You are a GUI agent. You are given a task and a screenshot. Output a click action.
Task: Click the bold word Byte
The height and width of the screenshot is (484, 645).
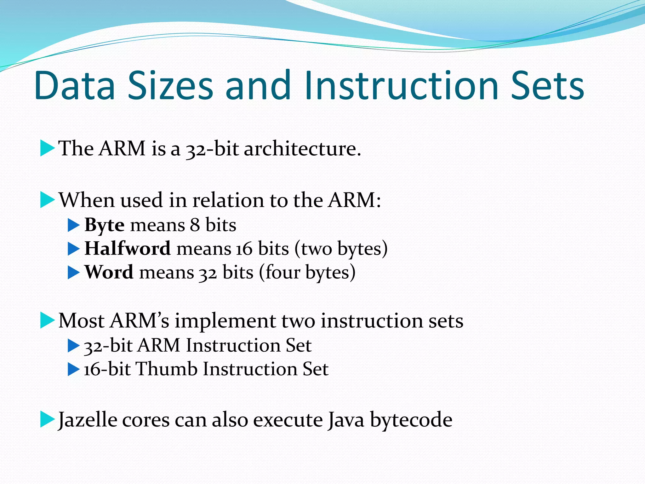(x=104, y=225)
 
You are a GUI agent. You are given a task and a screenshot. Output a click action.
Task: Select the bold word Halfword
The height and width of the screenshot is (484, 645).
(x=128, y=249)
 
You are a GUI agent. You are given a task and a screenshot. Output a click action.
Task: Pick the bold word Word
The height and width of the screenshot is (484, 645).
(x=109, y=272)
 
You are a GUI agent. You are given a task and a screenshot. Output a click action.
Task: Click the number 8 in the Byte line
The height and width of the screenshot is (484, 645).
(x=195, y=225)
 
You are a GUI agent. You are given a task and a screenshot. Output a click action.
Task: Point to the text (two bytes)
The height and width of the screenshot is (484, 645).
(x=341, y=249)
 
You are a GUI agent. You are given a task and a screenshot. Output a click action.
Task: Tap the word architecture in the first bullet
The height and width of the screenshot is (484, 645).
(x=302, y=148)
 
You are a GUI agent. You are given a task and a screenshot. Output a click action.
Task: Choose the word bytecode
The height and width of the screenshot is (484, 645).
(x=411, y=420)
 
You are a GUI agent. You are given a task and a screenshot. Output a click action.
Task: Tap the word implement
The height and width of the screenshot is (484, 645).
(x=225, y=321)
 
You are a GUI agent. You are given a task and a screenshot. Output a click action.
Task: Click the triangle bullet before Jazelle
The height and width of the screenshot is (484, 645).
(x=47, y=420)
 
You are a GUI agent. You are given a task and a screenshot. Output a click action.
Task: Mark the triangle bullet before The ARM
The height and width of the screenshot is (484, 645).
(x=47, y=149)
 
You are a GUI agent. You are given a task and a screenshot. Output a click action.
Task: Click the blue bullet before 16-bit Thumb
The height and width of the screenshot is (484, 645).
(x=73, y=370)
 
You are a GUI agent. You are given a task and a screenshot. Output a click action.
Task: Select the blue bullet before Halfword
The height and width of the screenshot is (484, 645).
(x=73, y=249)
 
